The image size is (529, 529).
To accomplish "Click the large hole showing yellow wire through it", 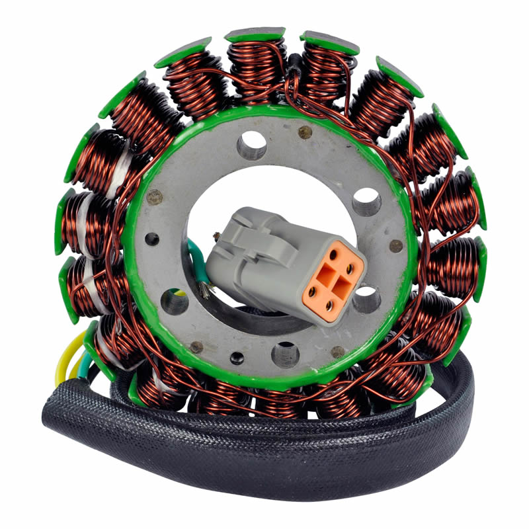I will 175,301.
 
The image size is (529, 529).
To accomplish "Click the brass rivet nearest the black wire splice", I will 305,132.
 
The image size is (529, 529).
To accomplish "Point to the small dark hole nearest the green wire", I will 151,239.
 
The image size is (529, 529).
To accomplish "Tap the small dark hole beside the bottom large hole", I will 237,358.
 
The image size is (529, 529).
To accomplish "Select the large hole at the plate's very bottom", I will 285,354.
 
